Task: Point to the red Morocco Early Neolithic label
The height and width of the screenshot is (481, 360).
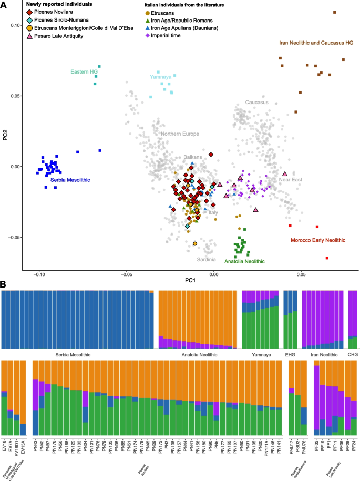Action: tap(318, 240)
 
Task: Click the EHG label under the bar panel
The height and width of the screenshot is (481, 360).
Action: tap(291, 355)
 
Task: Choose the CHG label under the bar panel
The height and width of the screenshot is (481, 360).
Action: tap(352, 355)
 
